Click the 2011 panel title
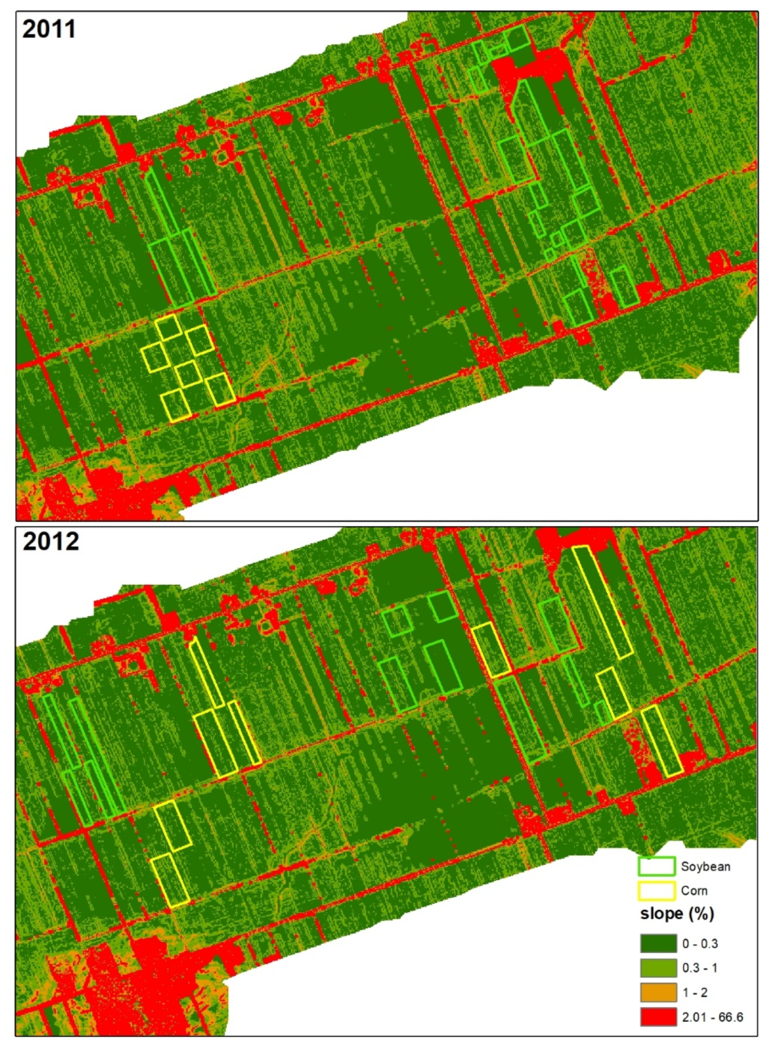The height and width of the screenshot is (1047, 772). click(x=49, y=29)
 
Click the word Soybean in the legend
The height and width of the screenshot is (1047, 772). click(x=705, y=866)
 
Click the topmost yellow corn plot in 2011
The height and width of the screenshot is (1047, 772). click(x=168, y=327)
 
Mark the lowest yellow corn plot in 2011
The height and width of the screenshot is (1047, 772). click(x=176, y=406)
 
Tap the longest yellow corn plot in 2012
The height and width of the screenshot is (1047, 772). click(x=603, y=602)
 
